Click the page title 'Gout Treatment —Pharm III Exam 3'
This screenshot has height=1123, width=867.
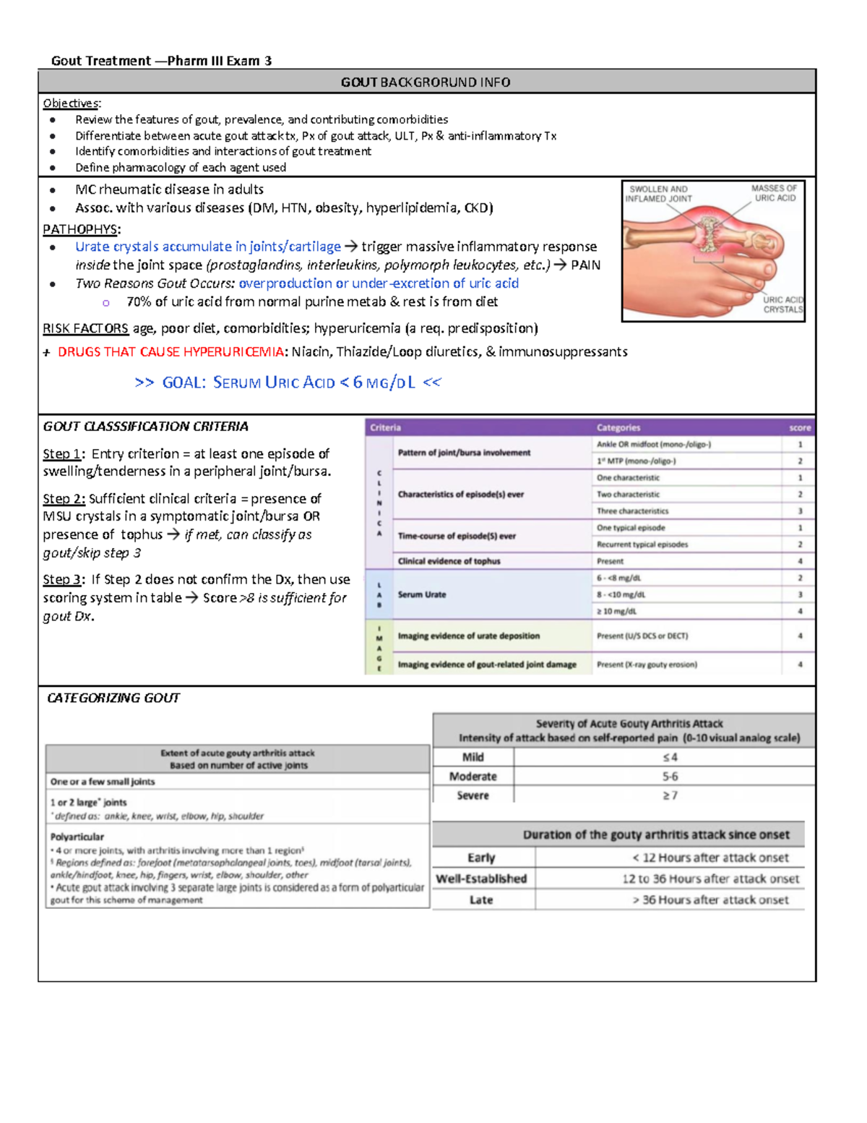[161, 61]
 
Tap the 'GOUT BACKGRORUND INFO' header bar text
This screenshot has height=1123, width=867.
[426, 82]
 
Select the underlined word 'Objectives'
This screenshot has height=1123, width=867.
[72, 103]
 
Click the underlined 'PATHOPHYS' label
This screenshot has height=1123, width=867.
[81, 229]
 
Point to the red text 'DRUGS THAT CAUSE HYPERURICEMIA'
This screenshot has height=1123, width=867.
[171, 352]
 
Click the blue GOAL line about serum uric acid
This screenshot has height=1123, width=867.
[288, 383]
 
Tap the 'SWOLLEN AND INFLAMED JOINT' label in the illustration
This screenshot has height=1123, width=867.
[658, 194]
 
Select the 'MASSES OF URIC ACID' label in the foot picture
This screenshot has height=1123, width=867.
[774, 192]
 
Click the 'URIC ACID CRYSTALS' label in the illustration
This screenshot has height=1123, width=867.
[783, 304]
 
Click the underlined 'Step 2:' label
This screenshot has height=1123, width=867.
[64, 499]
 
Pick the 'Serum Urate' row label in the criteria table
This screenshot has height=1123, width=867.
[422, 594]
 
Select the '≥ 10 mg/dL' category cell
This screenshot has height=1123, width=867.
[616, 611]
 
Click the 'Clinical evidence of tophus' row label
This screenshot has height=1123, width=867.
[449, 561]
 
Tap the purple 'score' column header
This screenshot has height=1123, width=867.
[799, 427]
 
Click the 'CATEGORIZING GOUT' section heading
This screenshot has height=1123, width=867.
[113, 698]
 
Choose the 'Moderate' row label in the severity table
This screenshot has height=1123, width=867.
[473, 777]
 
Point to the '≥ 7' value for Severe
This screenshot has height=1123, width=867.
[670, 795]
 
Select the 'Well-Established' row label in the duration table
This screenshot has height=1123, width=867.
[481, 879]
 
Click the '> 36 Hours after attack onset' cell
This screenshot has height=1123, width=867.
[710, 900]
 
